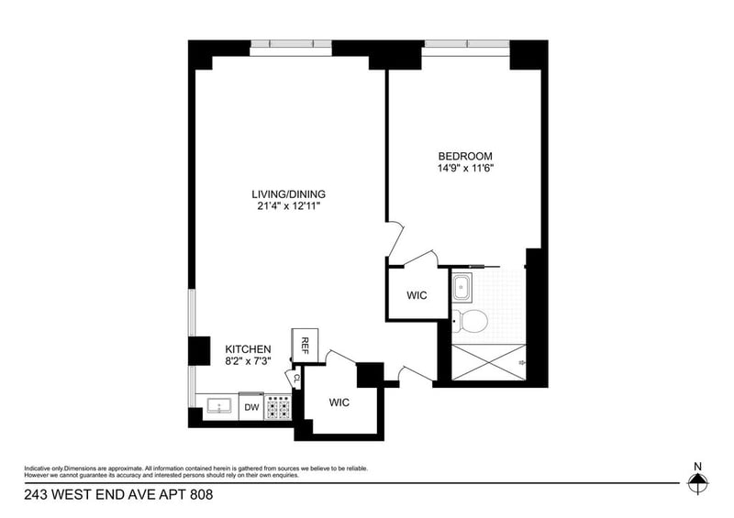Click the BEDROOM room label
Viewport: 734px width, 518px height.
pos(465,156)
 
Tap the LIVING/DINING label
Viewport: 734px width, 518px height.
pos(289,194)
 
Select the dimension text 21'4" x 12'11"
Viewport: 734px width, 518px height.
pos(289,207)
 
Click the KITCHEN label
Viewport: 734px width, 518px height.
pos(248,349)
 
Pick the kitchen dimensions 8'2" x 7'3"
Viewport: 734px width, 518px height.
pos(248,362)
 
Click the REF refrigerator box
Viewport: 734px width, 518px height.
pos(305,345)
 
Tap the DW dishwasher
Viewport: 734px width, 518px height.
pos(250,407)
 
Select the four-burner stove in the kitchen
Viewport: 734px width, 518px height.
pos(278,407)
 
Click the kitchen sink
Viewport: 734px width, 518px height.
pos(218,407)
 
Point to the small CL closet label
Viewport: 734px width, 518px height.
pos(297,376)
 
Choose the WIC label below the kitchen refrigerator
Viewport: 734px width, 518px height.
pos(339,402)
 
